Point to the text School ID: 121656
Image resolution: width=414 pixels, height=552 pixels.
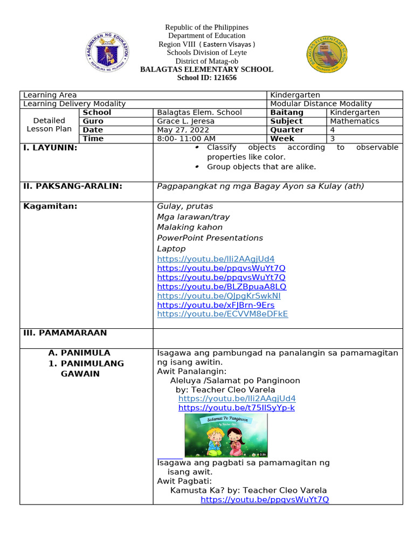click(x=206, y=78)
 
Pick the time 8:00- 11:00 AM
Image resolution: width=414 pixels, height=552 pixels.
click(x=185, y=139)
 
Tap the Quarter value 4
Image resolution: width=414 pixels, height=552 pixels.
click(x=333, y=130)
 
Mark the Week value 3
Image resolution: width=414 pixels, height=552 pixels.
click(x=333, y=139)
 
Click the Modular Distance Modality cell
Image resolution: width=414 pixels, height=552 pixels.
click(x=321, y=103)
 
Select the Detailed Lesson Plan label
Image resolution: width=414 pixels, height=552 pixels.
click(x=49, y=125)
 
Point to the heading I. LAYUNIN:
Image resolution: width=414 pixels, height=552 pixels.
click(x=50, y=148)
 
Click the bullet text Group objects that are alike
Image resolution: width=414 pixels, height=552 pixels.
click(x=261, y=167)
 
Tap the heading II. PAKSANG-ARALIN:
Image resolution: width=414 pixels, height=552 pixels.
click(x=73, y=187)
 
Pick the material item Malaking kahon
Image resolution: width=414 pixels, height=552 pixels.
click(x=189, y=227)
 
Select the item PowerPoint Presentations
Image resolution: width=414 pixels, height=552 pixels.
click(x=210, y=238)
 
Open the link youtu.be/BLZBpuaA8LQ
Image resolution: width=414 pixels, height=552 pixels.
click(x=222, y=286)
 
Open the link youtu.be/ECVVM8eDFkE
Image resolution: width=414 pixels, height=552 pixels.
click(x=222, y=314)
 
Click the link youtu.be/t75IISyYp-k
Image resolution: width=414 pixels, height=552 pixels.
click(x=236, y=408)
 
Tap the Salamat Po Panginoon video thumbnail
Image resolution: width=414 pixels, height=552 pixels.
click(x=226, y=436)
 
